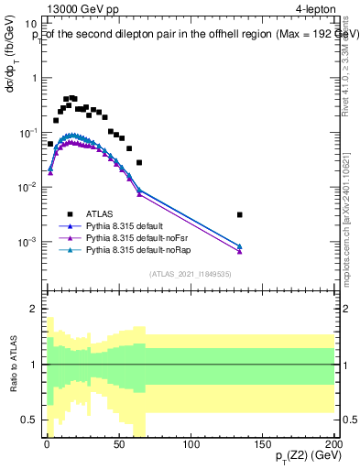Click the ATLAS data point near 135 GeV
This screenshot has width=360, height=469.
coord(239,214)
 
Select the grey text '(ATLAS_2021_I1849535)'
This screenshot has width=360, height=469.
coord(189,273)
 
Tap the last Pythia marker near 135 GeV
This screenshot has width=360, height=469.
coord(239,247)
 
